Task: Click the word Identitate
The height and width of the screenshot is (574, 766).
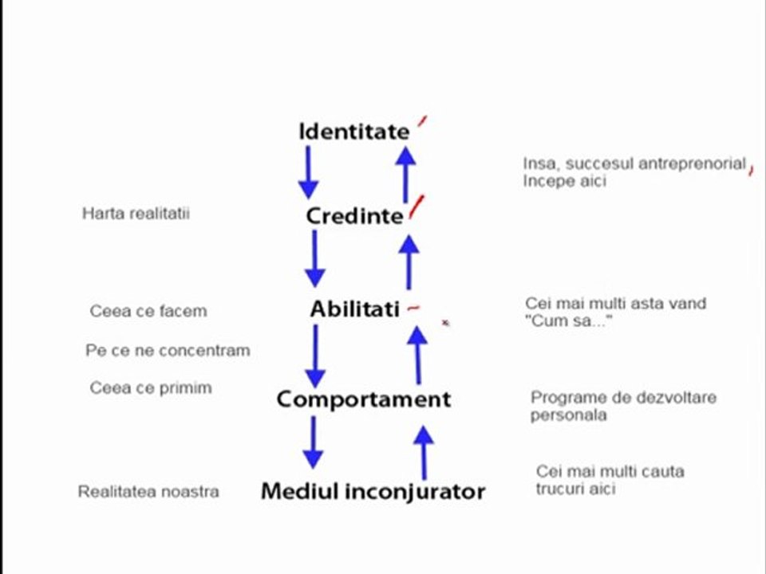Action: (x=354, y=132)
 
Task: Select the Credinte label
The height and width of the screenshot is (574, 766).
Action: (x=354, y=216)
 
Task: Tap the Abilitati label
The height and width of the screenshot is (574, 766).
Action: (x=355, y=309)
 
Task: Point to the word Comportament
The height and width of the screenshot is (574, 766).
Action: (x=364, y=399)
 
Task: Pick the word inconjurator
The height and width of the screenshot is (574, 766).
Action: (x=415, y=492)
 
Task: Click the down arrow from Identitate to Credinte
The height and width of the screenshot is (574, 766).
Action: (x=308, y=173)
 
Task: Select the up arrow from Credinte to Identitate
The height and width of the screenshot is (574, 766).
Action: (x=405, y=175)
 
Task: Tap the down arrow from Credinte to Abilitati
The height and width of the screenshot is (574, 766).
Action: (x=315, y=258)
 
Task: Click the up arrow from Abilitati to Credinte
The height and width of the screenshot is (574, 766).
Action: (x=409, y=262)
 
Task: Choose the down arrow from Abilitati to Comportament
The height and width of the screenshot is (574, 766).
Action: (x=316, y=356)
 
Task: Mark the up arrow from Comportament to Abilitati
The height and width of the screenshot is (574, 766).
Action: (x=417, y=356)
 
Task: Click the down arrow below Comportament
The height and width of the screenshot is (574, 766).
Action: (x=313, y=442)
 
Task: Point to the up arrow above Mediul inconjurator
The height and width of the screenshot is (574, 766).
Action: (x=424, y=453)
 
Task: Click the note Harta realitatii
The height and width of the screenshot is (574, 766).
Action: (x=136, y=214)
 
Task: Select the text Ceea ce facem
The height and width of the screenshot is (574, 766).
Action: (x=148, y=311)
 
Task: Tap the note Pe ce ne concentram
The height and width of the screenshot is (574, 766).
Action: (x=168, y=351)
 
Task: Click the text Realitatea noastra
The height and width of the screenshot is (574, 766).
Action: (x=148, y=492)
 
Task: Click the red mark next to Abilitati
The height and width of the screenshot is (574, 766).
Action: (x=413, y=308)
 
